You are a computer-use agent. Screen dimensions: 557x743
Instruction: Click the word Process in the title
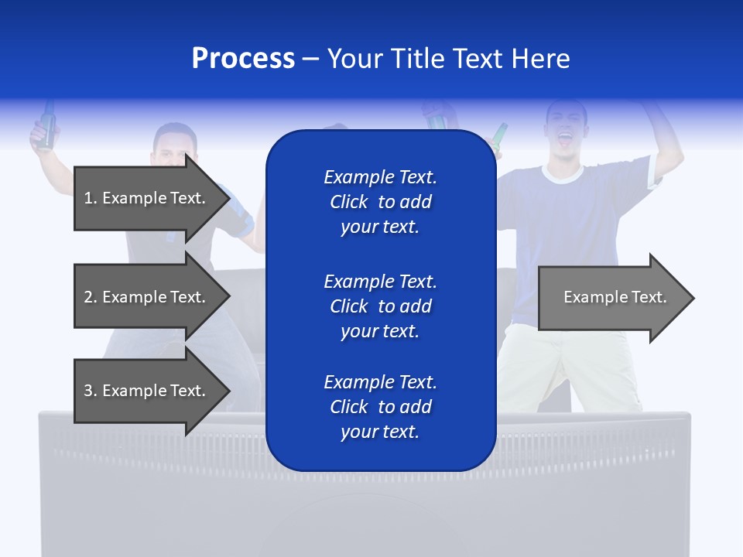tap(243, 59)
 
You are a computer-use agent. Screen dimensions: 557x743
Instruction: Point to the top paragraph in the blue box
tap(381, 202)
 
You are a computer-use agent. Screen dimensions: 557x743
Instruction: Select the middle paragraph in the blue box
tap(381, 306)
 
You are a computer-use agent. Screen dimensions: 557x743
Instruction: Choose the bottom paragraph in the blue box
tap(381, 407)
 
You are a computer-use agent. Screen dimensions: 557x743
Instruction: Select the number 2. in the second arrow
tap(90, 297)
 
